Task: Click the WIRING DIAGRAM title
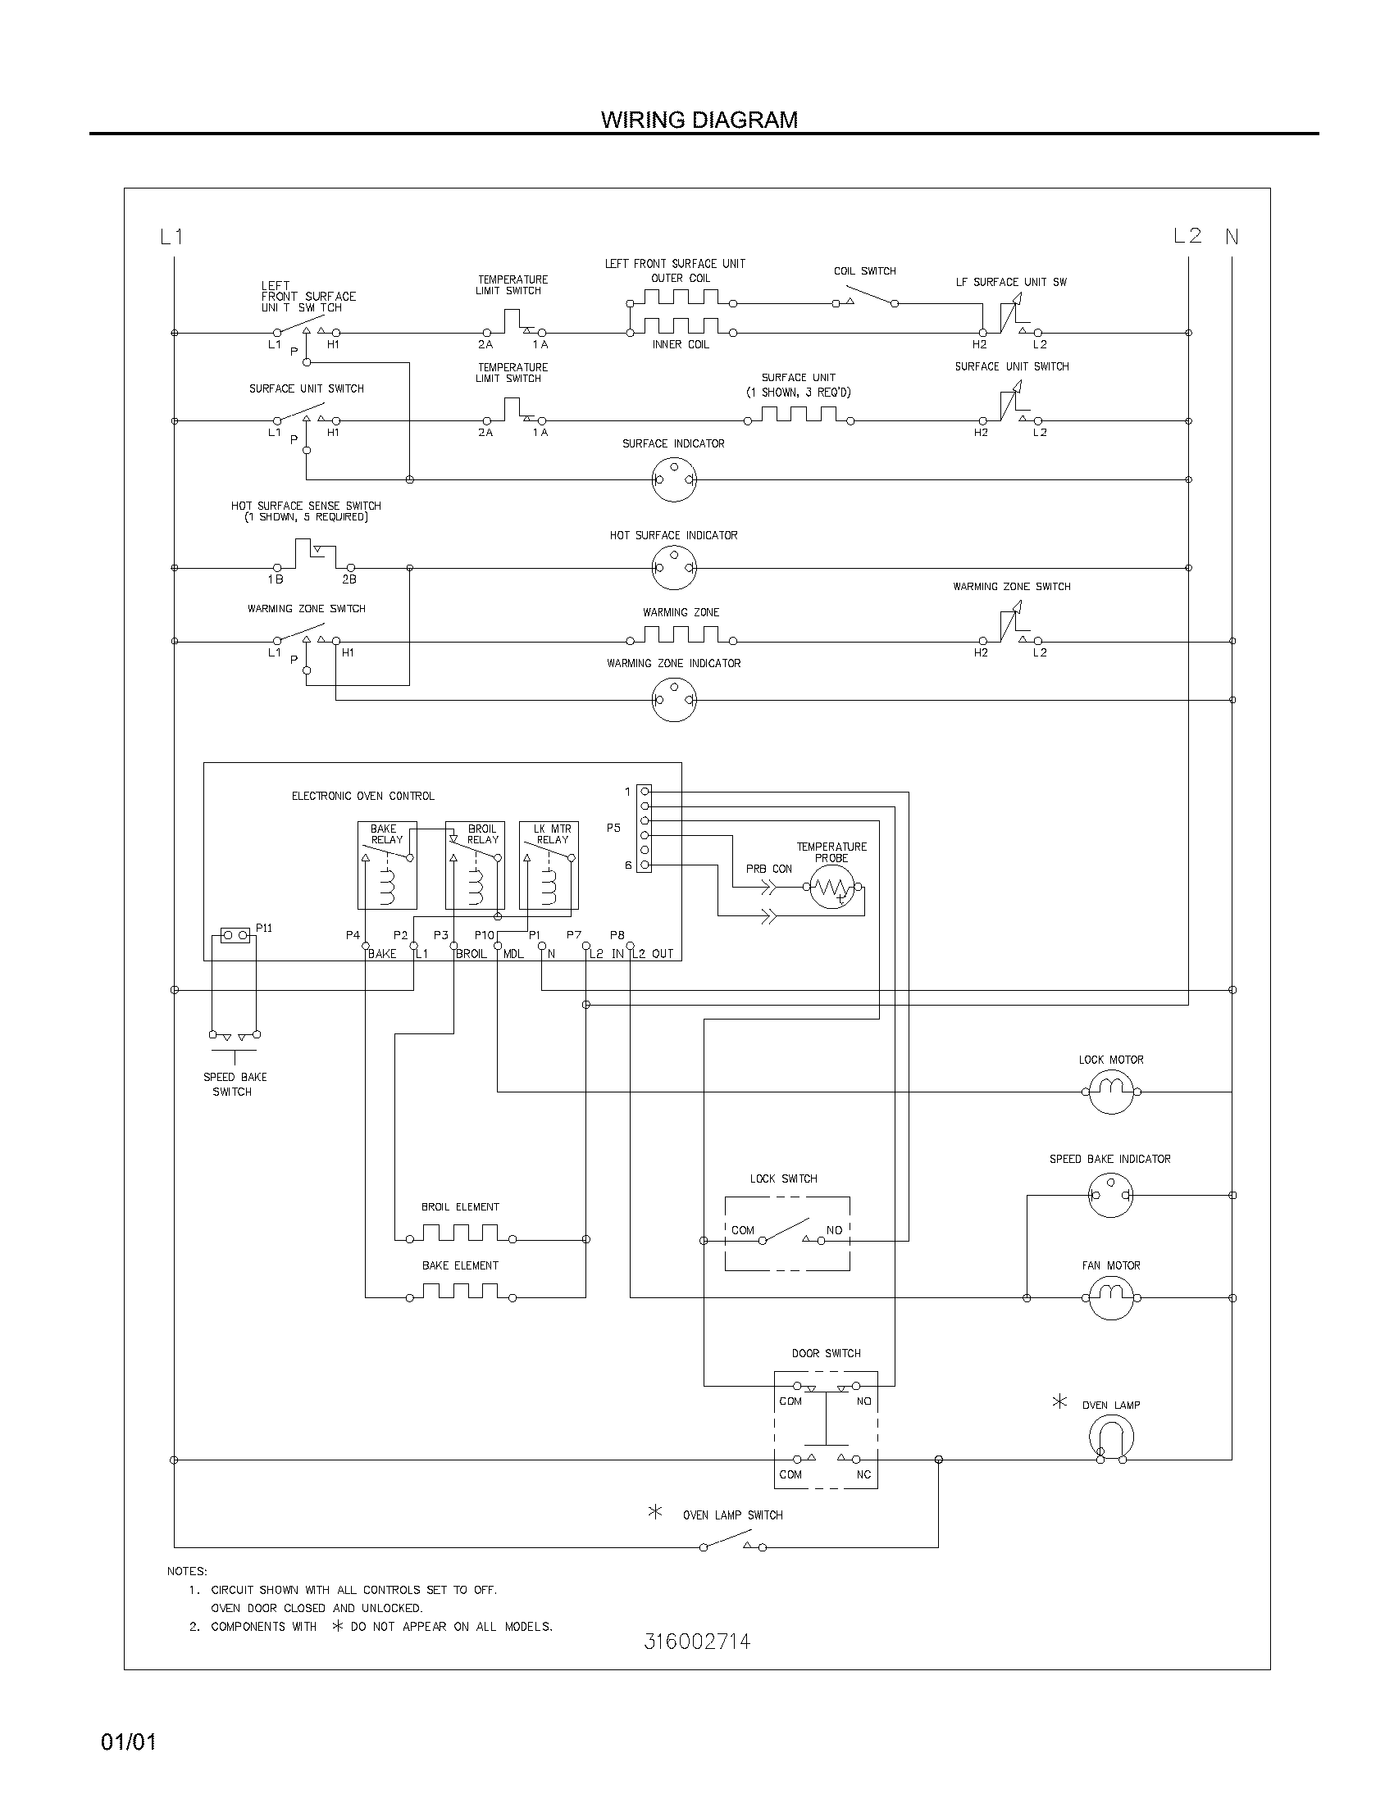(699, 120)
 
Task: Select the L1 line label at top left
(171, 237)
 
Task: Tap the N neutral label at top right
(1232, 237)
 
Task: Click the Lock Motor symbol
(1111, 1092)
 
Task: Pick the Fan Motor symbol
(1111, 1298)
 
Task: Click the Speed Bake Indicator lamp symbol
(1111, 1195)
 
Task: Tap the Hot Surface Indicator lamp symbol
(674, 568)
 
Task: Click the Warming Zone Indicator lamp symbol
(674, 700)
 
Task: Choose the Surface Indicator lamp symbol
(674, 479)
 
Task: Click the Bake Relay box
(386, 865)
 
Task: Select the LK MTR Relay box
(549, 865)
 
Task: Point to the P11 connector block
(235, 935)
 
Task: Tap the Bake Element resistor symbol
(460, 1292)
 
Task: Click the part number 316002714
(697, 1664)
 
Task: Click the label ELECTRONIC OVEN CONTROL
(362, 796)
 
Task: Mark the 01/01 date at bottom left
(128, 1742)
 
